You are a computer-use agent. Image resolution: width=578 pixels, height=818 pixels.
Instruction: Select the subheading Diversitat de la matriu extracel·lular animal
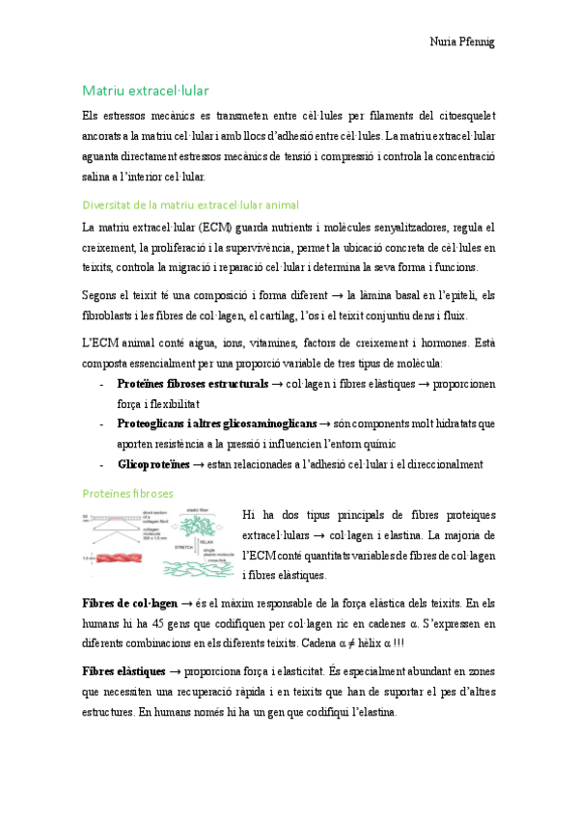tap(190, 204)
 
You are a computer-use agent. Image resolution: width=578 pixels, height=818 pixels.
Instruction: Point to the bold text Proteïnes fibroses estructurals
tap(192, 384)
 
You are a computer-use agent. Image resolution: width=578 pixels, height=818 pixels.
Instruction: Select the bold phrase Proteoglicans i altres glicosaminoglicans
tap(216, 423)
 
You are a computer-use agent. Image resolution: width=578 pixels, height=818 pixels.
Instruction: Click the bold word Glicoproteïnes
tap(153, 464)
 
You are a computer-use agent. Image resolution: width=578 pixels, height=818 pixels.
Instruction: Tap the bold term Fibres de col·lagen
tap(129, 603)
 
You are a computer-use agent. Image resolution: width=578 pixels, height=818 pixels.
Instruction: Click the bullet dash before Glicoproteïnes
tap(102, 464)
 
